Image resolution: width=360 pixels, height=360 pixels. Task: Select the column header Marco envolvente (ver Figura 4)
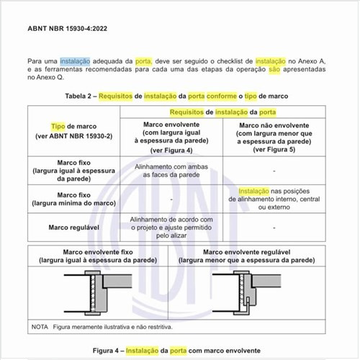[171, 136]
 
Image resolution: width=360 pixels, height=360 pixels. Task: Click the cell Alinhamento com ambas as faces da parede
[171, 170]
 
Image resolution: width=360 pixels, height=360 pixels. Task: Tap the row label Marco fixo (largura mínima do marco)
[74, 199]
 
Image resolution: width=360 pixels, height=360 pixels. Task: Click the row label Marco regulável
[74, 228]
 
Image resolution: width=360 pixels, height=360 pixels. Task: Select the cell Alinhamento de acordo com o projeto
[171, 228]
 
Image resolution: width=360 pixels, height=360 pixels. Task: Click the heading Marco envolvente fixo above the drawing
[96, 255]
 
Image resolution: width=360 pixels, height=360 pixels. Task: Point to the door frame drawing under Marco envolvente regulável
[245, 293]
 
